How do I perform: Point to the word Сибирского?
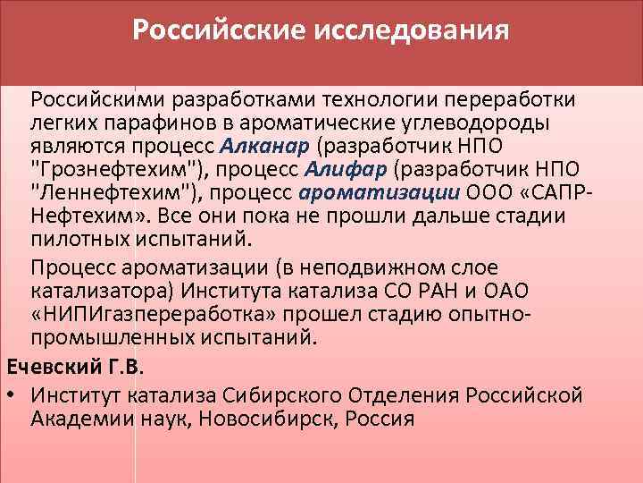[x=293, y=393]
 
